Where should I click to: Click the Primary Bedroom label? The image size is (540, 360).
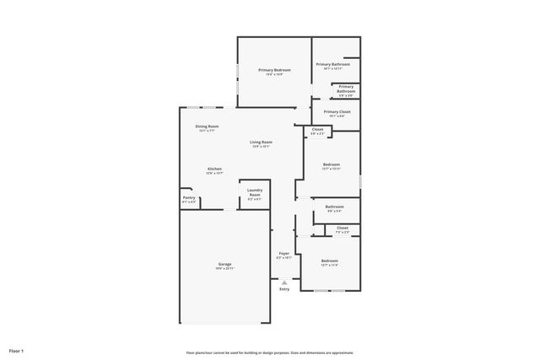coord(274,70)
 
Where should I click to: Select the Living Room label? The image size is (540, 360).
coord(261,142)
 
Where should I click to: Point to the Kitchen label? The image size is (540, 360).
coord(215,169)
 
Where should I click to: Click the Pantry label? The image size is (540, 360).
coord(189,197)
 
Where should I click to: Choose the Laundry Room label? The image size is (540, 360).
coord(255,192)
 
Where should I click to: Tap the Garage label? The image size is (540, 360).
coord(224,264)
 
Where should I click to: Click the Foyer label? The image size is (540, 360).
coord(284,253)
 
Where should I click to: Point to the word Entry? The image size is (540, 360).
coord(284,289)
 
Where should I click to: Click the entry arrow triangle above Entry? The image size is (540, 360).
coord(284,282)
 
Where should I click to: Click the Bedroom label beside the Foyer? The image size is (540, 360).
coord(329,261)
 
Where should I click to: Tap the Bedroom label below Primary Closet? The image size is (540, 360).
coord(331,164)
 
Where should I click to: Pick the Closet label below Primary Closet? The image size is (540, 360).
coord(317,130)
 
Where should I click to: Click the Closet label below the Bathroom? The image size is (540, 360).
coord(342,228)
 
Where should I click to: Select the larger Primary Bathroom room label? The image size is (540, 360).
coord(333,64)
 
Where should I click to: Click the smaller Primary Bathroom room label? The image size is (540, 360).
coord(346,89)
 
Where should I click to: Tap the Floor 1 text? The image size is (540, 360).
coord(17,350)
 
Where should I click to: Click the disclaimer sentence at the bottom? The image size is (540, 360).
coord(270,352)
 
